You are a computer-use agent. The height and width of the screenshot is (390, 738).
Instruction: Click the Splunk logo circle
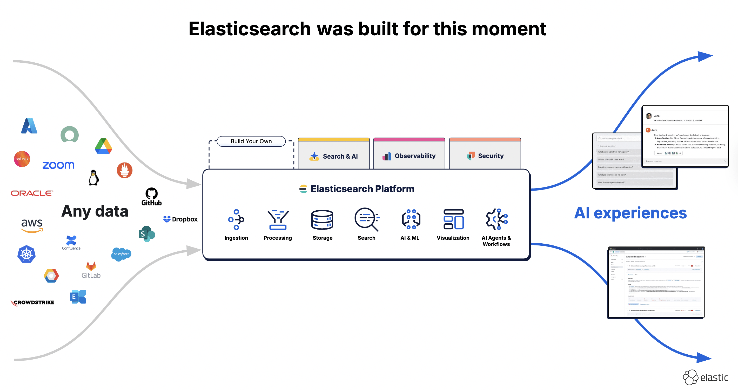(22, 159)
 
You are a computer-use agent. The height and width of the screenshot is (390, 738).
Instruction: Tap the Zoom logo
(58, 165)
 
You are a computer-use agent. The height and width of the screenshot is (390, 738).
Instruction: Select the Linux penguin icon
(94, 178)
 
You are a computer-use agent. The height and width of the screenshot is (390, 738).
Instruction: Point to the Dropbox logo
(180, 219)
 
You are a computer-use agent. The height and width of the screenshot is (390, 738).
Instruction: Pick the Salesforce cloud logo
(122, 254)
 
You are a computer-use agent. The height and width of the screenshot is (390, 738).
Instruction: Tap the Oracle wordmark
(32, 193)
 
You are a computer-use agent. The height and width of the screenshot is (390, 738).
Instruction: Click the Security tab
(485, 156)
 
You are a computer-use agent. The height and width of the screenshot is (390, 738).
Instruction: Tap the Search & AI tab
(334, 156)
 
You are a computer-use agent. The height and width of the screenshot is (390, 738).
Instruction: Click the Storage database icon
(322, 220)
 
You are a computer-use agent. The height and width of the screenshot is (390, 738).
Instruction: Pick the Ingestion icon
(236, 220)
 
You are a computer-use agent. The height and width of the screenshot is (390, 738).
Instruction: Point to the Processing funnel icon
(278, 220)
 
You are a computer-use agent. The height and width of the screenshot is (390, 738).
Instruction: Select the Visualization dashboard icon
(453, 219)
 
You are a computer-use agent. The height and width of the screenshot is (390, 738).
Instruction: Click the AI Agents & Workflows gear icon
(497, 219)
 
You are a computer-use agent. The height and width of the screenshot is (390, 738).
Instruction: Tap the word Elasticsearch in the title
(250, 29)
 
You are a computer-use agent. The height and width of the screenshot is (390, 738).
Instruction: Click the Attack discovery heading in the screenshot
(635, 257)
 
